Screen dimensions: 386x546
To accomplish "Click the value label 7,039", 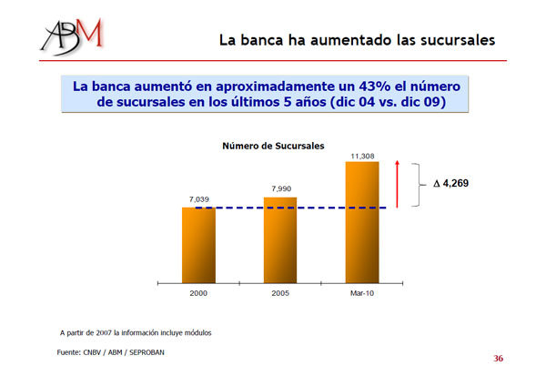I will pyautogui.click(x=198, y=198).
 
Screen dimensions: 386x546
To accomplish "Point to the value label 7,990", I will pyautogui.click(x=281, y=188).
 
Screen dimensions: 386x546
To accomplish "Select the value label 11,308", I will pyautogui.click(x=362, y=156).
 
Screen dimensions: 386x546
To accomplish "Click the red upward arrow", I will pyautogui.click(x=398, y=183).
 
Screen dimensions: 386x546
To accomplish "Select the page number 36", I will pyautogui.click(x=498, y=359).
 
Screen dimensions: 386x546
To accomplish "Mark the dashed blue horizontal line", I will pyautogui.click(x=291, y=208).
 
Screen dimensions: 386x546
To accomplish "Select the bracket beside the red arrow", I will pyautogui.click(x=419, y=185).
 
